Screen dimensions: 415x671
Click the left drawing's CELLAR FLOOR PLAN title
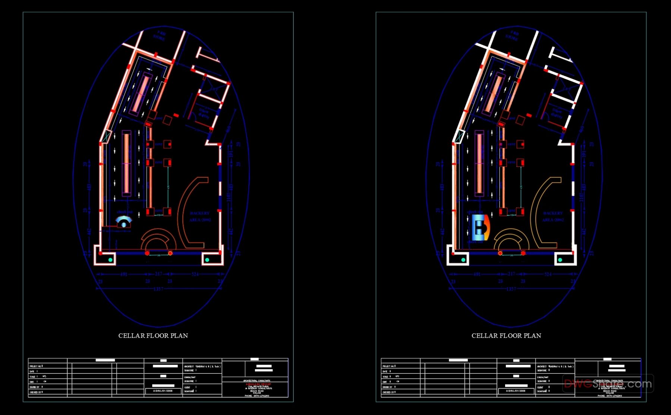[153, 336]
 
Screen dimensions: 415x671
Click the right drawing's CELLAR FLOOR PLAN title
[506, 336]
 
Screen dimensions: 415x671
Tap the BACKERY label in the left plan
[200, 213]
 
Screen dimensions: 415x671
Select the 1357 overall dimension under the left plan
[158, 289]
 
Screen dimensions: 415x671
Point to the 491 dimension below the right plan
[477, 275]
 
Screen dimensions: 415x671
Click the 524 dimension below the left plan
[195, 275]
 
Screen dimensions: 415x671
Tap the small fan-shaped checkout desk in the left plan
[124, 222]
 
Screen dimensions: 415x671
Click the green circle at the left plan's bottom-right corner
[207, 260]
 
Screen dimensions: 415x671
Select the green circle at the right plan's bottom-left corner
[463, 260]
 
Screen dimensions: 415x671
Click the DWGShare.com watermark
[608, 383]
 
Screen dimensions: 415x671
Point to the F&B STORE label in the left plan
[160, 36]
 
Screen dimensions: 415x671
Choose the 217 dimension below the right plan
[511, 274]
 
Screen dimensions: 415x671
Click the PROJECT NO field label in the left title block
[35, 366]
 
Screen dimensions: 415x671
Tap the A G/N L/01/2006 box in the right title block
[516, 391]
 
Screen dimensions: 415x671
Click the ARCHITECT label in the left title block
[189, 367]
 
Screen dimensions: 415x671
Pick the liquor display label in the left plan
[204, 113]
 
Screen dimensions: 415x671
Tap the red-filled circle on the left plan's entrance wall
[147, 253]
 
